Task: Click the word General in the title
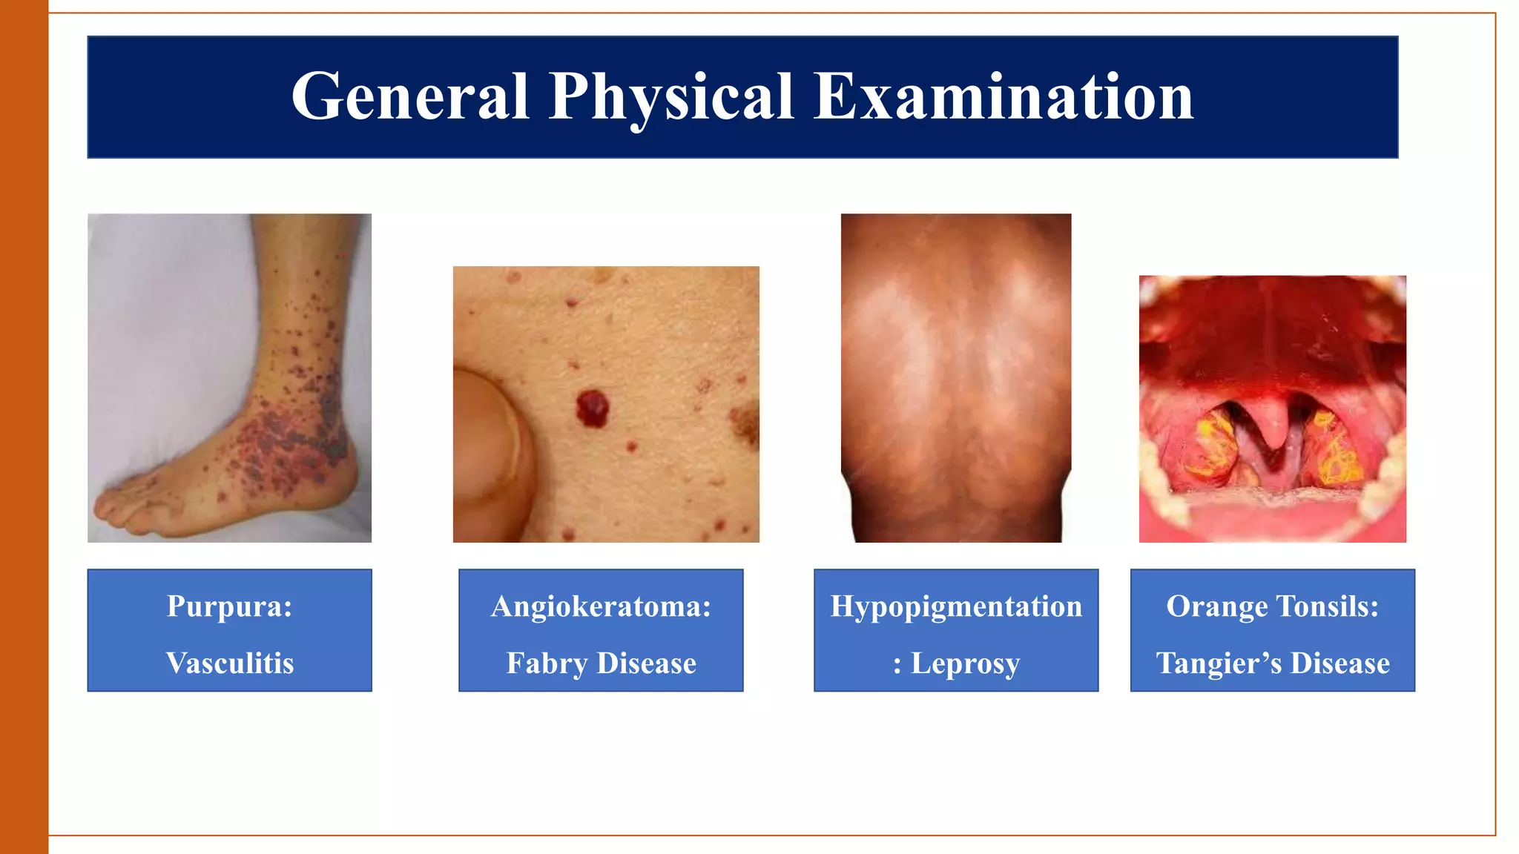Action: (410, 96)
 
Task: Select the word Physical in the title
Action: (671, 98)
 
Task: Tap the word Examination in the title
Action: (1004, 96)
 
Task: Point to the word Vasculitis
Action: (230, 663)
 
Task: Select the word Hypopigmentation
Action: (956, 606)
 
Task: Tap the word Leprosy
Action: (965, 663)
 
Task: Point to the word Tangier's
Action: (1219, 663)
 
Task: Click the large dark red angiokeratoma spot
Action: (592, 408)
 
